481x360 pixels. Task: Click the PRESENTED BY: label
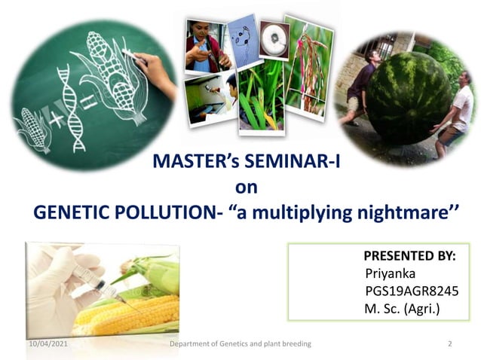tap(409, 256)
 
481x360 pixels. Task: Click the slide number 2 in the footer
tap(449, 344)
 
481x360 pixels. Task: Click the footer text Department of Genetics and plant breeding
tap(240, 344)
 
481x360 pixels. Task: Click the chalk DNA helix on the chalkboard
tap(69, 105)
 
